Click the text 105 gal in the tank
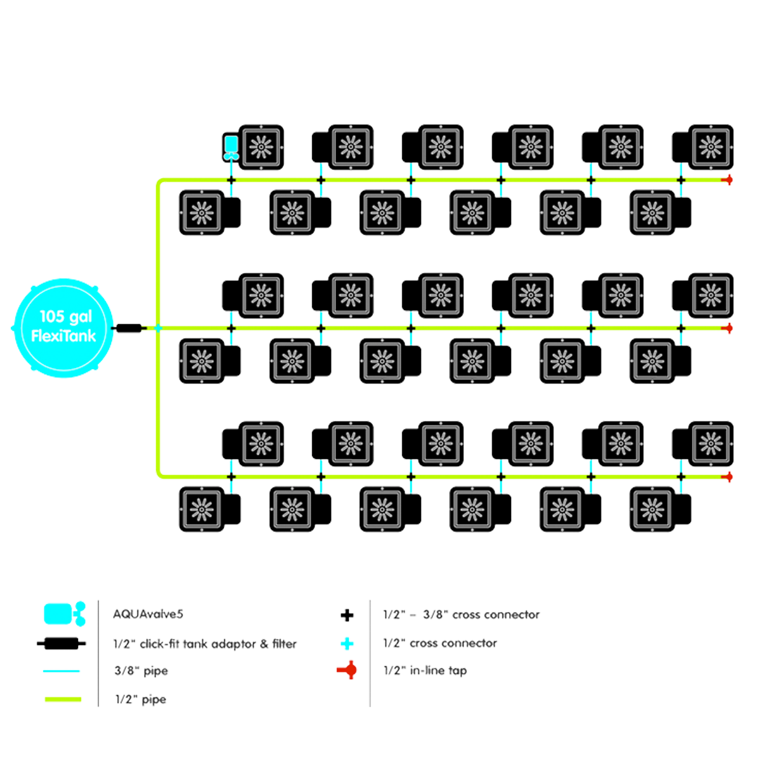[x=65, y=317]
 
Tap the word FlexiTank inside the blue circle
[x=63, y=335]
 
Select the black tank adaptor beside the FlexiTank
[x=130, y=328]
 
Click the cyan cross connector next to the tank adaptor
[x=157, y=328]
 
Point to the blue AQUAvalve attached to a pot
[x=231, y=146]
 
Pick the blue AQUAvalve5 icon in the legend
[x=60, y=613]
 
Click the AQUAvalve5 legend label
[x=148, y=614]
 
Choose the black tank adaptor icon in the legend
[x=62, y=643]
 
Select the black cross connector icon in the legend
[x=347, y=615]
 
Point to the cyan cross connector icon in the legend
[x=347, y=644]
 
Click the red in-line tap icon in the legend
[x=349, y=670]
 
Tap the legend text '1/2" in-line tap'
[x=426, y=670]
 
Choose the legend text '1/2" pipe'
[x=140, y=700]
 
